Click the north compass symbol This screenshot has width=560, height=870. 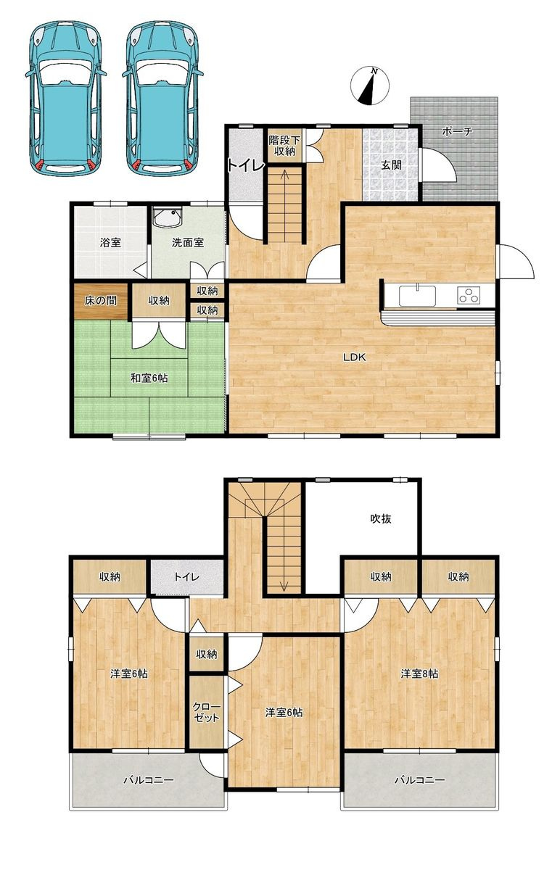[x=369, y=86]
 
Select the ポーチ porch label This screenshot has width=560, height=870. [x=457, y=131]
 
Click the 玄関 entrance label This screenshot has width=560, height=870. [x=391, y=165]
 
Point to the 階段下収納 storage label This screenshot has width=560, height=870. [x=284, y=145]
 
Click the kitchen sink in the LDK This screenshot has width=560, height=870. [x=417, y=296]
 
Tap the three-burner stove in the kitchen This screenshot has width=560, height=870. [x=469, y=294]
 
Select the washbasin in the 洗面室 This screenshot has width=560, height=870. [x=168, y=217]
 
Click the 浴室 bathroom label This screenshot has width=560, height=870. [x=110, y=243]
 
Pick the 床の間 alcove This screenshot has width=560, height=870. [x=101, y=301]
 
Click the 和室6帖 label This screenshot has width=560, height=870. [x=149, y=378]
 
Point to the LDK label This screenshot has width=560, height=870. [x=355, y=357]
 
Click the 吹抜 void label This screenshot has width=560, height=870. [x=380, y=518]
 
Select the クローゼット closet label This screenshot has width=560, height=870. [x=206, y=712]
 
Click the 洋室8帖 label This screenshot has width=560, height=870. [x=420, y=674]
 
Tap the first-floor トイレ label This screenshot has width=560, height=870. [x=246, y=165]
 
